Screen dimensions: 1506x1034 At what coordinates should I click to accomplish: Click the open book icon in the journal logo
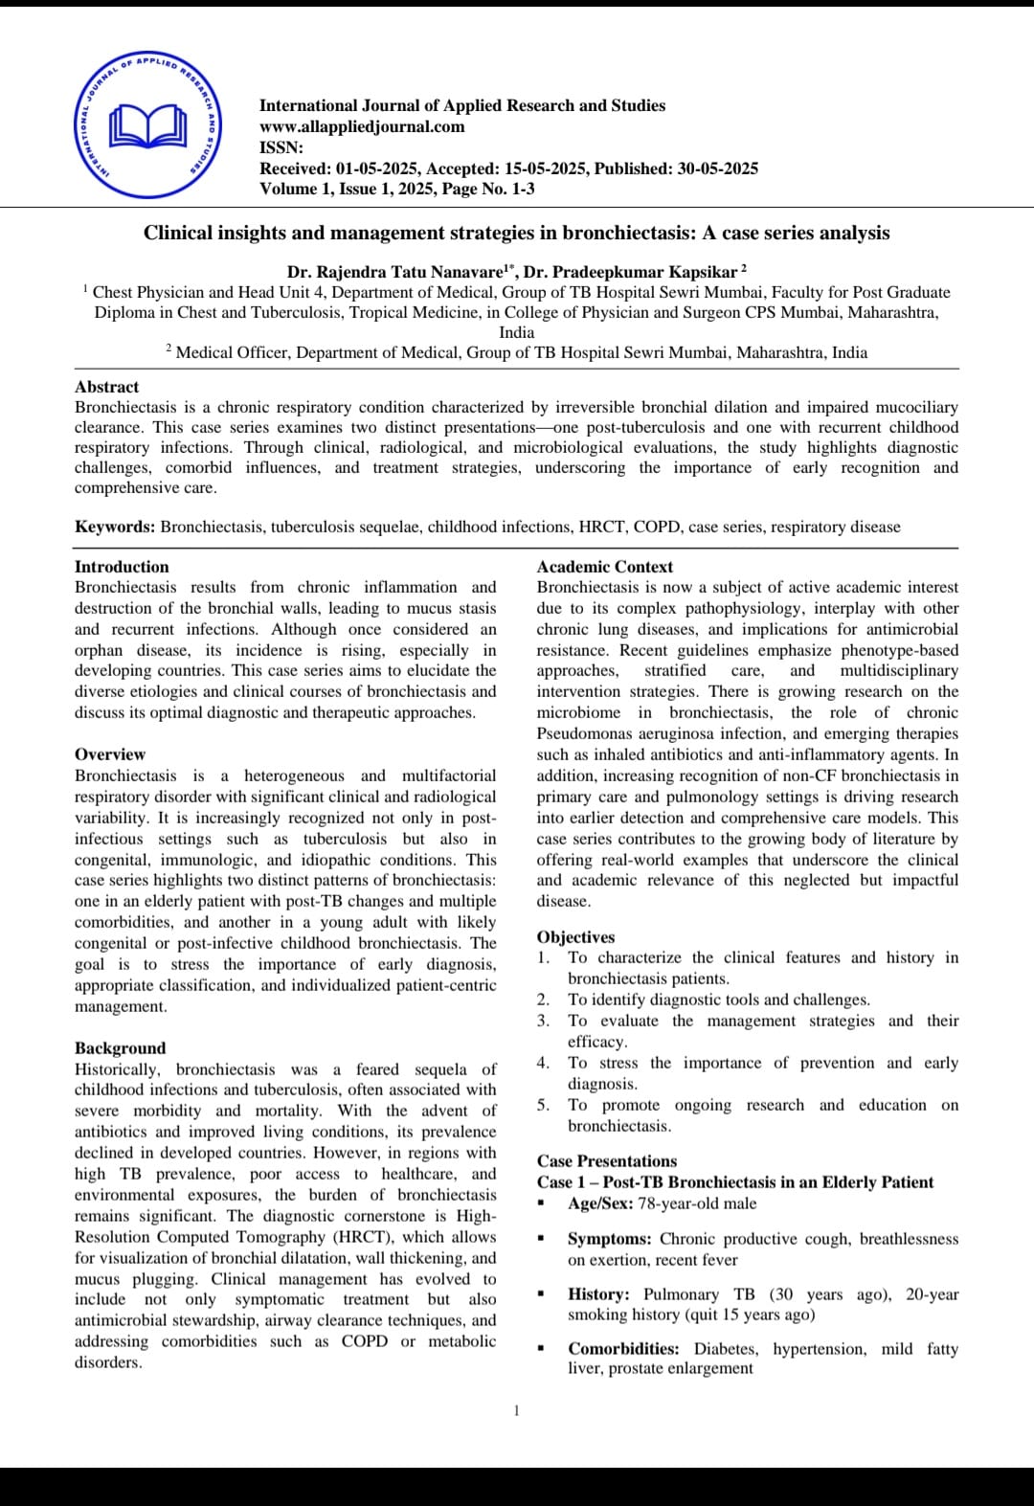click(x=147, y=124)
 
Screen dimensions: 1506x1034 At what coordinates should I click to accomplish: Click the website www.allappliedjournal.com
click(x=362, y=126)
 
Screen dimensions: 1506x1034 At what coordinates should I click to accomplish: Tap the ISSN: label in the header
click(x=281, y=147)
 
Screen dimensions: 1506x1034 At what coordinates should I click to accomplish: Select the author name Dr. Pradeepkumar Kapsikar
click(x=631, y=272)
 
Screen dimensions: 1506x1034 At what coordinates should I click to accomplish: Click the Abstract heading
click(x=106, y=387)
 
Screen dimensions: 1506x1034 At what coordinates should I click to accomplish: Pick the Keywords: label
click(x=115, y=527)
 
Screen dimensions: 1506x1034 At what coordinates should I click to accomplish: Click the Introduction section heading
click(x=122, y=567)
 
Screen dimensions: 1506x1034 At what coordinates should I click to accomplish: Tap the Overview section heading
click(x=110, y=754)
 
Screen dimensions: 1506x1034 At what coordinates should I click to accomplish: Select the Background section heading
click(x=121, y=1048)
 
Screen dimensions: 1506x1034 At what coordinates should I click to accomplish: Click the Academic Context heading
click(x=604, y=567)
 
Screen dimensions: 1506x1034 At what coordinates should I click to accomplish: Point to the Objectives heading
click(x=575, y=937)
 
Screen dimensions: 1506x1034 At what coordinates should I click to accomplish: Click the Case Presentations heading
click(x=607, y=1161)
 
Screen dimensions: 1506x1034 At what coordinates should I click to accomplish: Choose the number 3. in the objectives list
click(x=543, y=1021)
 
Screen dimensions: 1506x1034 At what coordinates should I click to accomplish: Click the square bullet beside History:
click(x=542, y=1294)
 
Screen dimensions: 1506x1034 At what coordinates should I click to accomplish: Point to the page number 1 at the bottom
click(x=517, y=1410)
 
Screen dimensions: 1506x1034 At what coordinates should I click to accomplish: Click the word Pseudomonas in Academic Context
click(x=579, y=733)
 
